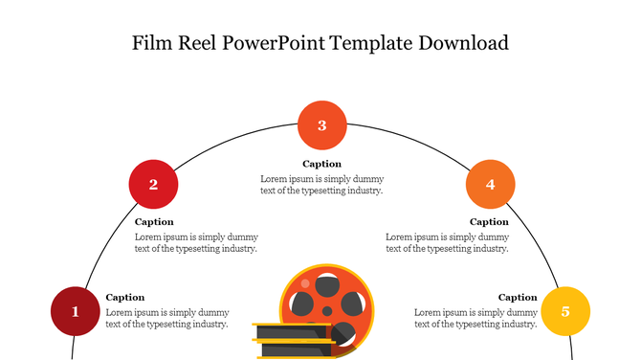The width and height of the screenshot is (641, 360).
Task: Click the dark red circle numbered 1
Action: (x=76, y=311)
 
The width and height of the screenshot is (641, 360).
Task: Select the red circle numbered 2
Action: (x=153, y=185)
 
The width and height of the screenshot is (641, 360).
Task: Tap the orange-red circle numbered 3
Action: (x=321, y=125)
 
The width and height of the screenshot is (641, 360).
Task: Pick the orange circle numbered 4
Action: (x=490, y=185)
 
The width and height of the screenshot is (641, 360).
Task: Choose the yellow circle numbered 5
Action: (x=565, y=311)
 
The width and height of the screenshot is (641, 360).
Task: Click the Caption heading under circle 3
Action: (x=321, y=164)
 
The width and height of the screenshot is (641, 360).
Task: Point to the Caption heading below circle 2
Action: (x=154, y=222)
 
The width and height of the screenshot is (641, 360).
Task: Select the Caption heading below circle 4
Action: (x=489, y=222)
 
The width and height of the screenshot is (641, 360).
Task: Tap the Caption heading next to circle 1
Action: (x=125, y=298)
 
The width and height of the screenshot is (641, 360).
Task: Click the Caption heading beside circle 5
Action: (x=518, y=298)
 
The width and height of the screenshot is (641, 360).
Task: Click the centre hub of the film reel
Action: (x=326, y=310)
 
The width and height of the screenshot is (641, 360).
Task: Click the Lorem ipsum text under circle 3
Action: (x=321, y=185)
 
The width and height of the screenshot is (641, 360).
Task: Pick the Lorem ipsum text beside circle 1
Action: (x=167, y=318)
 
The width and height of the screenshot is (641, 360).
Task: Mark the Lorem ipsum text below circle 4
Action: (x=447, y=242)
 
